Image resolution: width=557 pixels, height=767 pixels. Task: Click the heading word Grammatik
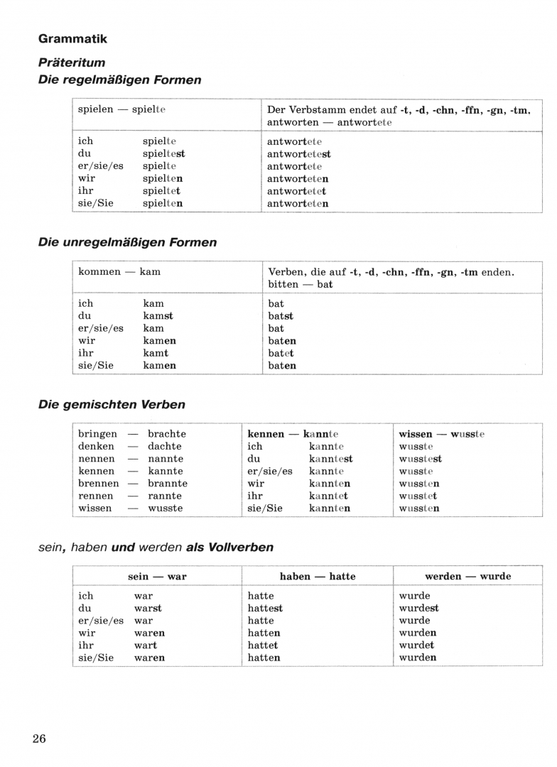[x=72, y=39]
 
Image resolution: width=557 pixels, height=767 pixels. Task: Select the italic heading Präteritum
[x=72, y=62]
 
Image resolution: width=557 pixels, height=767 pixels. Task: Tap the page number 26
[x=39, y=739]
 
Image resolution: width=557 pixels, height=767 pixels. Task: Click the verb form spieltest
[x=163, y=153]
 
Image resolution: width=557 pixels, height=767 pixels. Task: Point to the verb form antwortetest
[x=299, y=153]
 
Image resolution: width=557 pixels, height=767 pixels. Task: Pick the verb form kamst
[x=158, y=316]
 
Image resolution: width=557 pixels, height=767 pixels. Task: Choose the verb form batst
[x=281, y=316]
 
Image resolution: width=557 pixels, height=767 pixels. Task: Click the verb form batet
[x=281, y=353]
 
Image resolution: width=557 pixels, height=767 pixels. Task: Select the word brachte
[x=167, y=434]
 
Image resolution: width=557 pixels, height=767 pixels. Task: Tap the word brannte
[x=168, y=484]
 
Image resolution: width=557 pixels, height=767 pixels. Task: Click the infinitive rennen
[x=96, y=496]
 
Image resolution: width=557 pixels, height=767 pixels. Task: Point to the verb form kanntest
[x=330, y=459]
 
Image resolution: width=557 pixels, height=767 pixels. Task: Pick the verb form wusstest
[x=421, y=459]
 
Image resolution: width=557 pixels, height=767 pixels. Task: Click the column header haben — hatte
[x=318, y=576]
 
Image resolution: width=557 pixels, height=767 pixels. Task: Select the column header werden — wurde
[x=467, y=576]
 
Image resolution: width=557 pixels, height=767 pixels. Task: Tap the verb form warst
[x=148, y=608]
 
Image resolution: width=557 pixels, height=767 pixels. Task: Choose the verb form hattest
[x=265, y=608]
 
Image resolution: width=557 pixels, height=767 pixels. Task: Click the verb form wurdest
[x=419, y=608]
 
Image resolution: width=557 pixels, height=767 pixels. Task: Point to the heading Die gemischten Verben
[x=112, y=405]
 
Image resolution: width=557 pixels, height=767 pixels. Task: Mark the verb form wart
[x=146, y=646]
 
